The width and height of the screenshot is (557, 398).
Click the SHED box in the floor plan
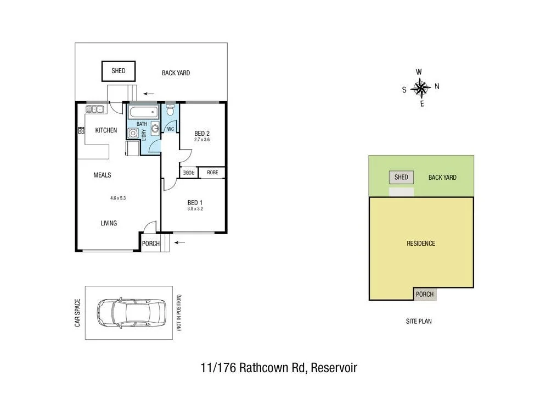[119, 71]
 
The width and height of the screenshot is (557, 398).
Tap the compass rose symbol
[420, 87]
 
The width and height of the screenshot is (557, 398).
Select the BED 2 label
[202, 134]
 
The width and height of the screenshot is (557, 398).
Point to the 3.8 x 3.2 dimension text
[195, 209]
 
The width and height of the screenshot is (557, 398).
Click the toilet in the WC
[170, 111]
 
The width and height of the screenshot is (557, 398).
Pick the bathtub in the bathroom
[144, 112]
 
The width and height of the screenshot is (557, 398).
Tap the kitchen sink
[95, 109]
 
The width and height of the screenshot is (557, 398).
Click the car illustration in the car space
[131, 312]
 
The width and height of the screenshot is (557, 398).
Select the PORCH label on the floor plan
[150, 244]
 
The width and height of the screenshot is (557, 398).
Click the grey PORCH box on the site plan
[425, 294]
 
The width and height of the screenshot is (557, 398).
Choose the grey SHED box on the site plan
[401, 178]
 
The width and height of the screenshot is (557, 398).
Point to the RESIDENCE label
[421, 244]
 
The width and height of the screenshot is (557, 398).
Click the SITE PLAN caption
[418, 321]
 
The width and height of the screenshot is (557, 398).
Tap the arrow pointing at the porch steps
[180, 242]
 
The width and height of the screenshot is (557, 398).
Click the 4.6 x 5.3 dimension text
[118, 198]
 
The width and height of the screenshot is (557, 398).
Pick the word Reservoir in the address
[334, 368]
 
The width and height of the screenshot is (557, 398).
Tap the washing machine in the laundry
[132, 133]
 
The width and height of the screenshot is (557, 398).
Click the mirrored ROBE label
[189, 173]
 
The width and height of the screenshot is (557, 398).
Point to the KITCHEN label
[106, 130]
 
